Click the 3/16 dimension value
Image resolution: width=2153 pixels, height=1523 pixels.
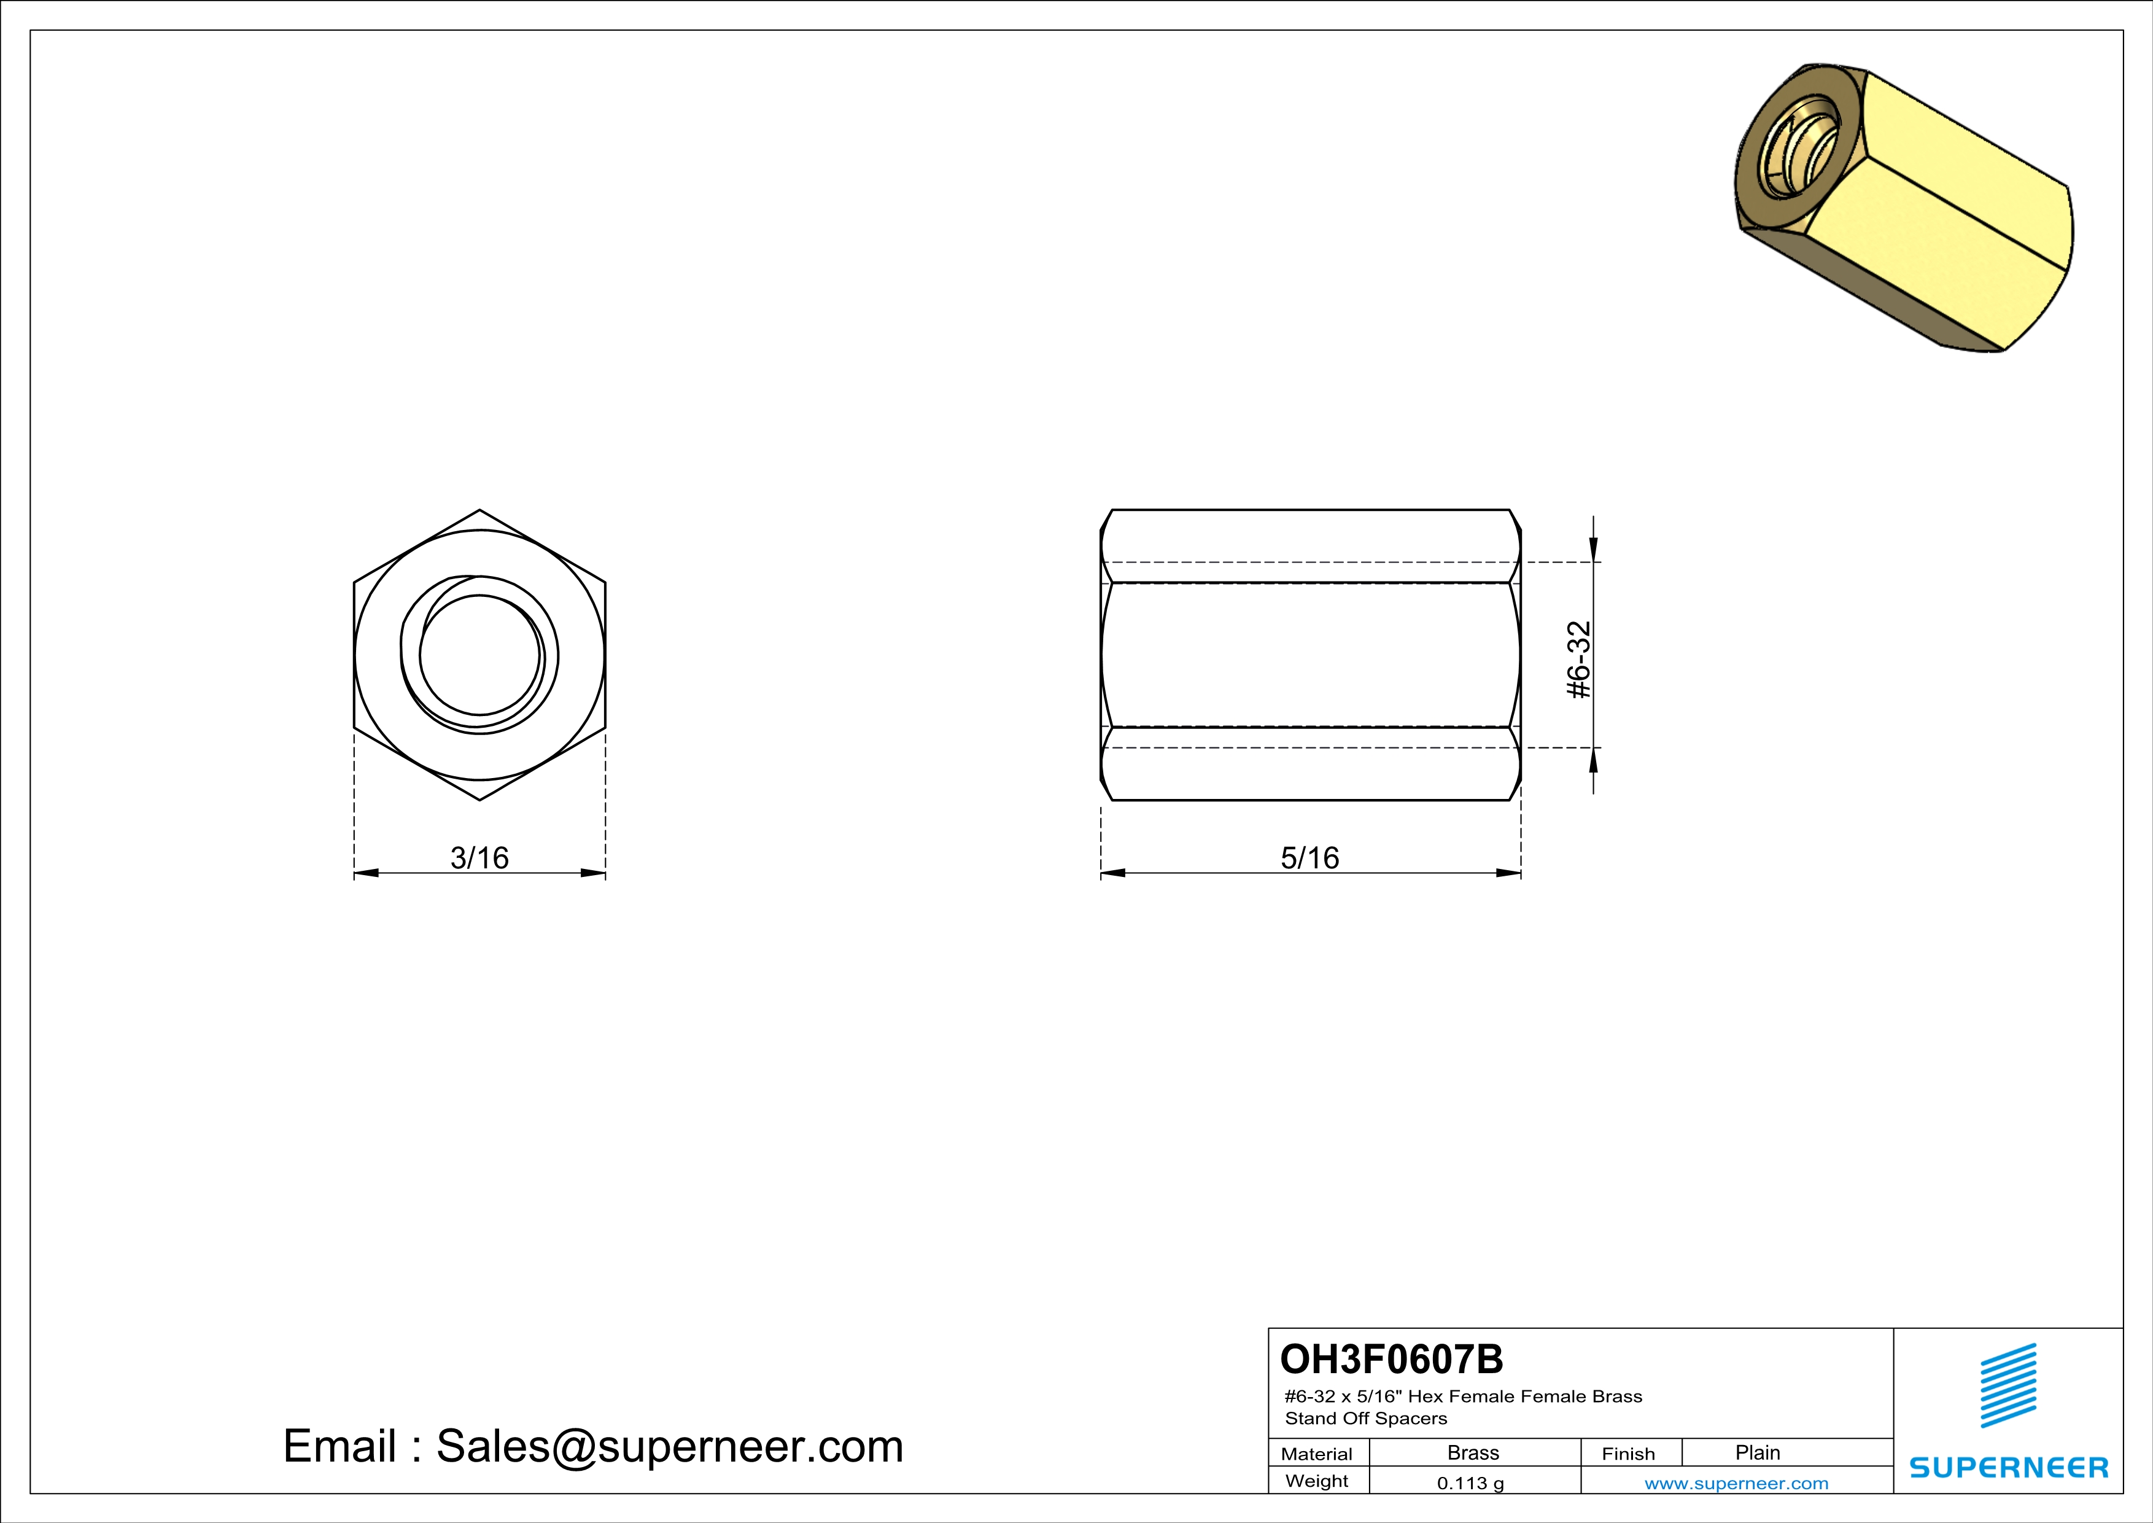[479, 857]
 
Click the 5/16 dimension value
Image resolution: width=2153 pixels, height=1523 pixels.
[1310, 857]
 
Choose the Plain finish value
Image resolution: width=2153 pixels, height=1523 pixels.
[1757, 1452]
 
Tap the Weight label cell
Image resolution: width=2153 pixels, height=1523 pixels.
[1317, 1481]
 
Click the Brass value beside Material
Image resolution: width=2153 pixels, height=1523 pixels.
[1473, 1452]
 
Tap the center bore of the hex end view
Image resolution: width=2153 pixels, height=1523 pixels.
[479, 655]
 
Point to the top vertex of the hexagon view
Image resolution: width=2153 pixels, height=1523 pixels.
[479, 510]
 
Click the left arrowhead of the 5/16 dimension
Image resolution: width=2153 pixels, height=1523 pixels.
[1113, 873]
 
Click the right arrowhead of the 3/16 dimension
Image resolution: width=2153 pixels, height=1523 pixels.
[592, 873]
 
